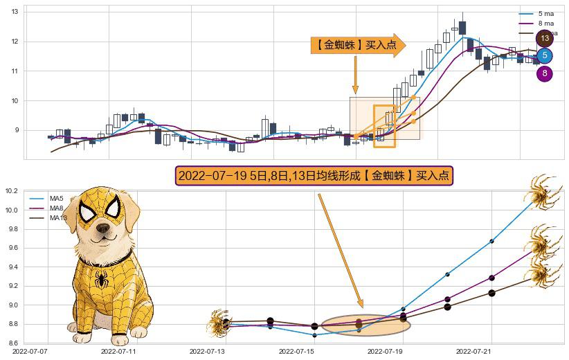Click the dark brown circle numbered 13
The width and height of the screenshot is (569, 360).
click(545, 38)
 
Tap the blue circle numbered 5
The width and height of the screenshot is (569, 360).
click(545, 55)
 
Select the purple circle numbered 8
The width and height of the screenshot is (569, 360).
click(545, 73)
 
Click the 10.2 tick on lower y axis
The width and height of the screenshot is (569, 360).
click(12, 191)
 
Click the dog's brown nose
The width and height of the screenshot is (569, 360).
click(104, 228)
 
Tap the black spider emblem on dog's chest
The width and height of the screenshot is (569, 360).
click(102, 280)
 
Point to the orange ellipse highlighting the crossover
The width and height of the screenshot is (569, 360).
click(366, 324)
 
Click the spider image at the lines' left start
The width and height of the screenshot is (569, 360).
click(219, 323)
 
